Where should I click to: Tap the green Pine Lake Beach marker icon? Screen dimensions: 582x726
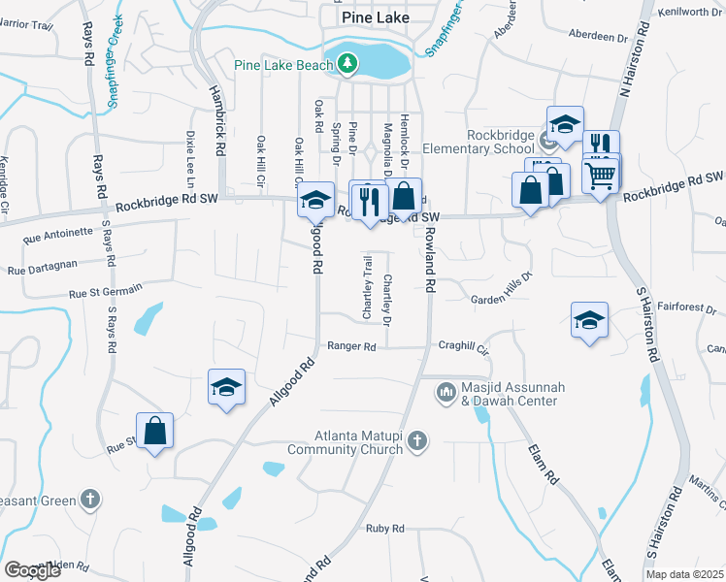click(347, 65)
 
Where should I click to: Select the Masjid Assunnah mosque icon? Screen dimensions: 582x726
click(446, 391)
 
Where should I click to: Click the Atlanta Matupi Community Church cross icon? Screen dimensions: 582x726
click(416, 441)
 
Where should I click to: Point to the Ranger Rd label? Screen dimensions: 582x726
click(350, 346)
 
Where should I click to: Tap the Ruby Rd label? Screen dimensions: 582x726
click(384, 529)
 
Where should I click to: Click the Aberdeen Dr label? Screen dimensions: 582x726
click(603, 38)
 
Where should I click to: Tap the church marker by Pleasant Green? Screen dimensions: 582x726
click(90, 499)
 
